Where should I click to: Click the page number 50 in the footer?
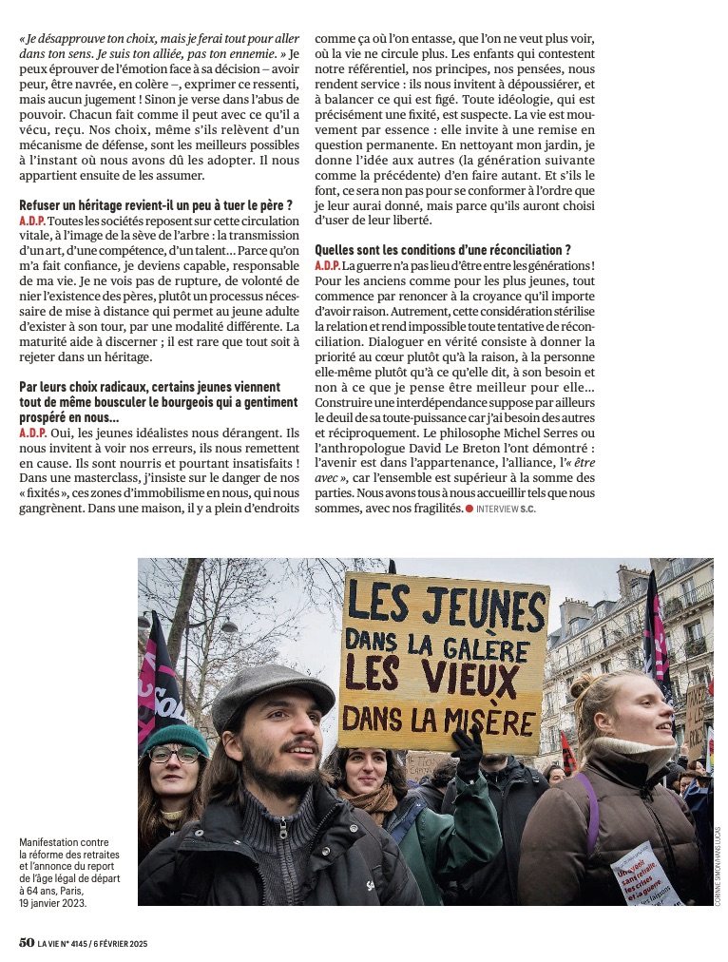27,943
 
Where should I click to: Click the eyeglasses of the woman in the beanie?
175,754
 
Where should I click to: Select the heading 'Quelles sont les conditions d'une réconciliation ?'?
442,250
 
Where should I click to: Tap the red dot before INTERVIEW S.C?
469,510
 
